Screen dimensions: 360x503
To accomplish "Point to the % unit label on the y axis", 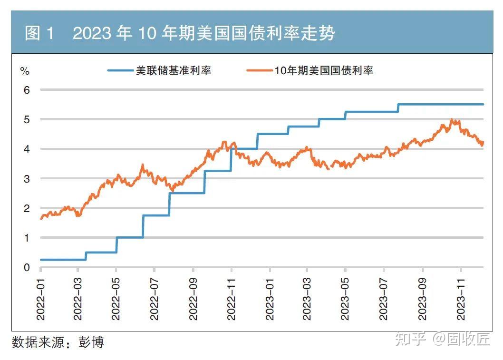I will (x=24, y=71).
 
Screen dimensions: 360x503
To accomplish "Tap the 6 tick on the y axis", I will (x=27, y=89).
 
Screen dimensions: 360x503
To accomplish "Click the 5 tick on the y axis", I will (x=27, y=119).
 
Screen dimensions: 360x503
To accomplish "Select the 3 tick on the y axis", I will (x=27, y=178).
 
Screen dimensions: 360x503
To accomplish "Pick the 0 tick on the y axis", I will (x=27, y=267).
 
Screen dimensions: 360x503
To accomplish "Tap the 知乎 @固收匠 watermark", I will (x=442, y=339).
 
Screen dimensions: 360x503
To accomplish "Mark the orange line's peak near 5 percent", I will (x=451, y=120).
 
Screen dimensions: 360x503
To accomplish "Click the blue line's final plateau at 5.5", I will (x=442, y=104).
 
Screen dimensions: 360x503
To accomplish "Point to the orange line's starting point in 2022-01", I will (x=41, y=218).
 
